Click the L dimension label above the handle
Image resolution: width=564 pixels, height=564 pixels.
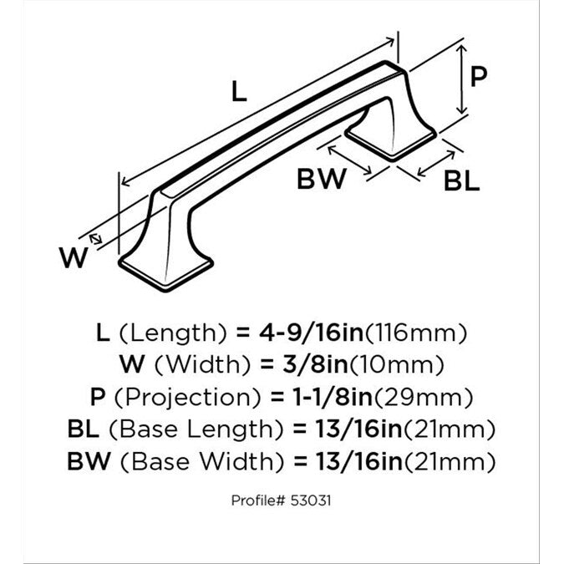(239, 91)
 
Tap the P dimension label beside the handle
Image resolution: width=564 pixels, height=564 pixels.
(479, 76)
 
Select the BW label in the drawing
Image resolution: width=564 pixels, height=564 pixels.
(321, 179)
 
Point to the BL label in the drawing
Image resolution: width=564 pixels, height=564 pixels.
(461, 180)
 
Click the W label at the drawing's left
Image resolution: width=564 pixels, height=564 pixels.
(74, 257)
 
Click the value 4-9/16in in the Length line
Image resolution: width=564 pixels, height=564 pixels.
(311, 333)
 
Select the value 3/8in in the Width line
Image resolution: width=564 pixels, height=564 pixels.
(316, 365)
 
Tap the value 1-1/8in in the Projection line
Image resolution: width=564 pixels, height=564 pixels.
(333, 397)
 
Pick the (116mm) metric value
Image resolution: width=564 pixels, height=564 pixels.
(415, 333)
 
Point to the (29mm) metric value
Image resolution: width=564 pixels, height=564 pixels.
(423, 398)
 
